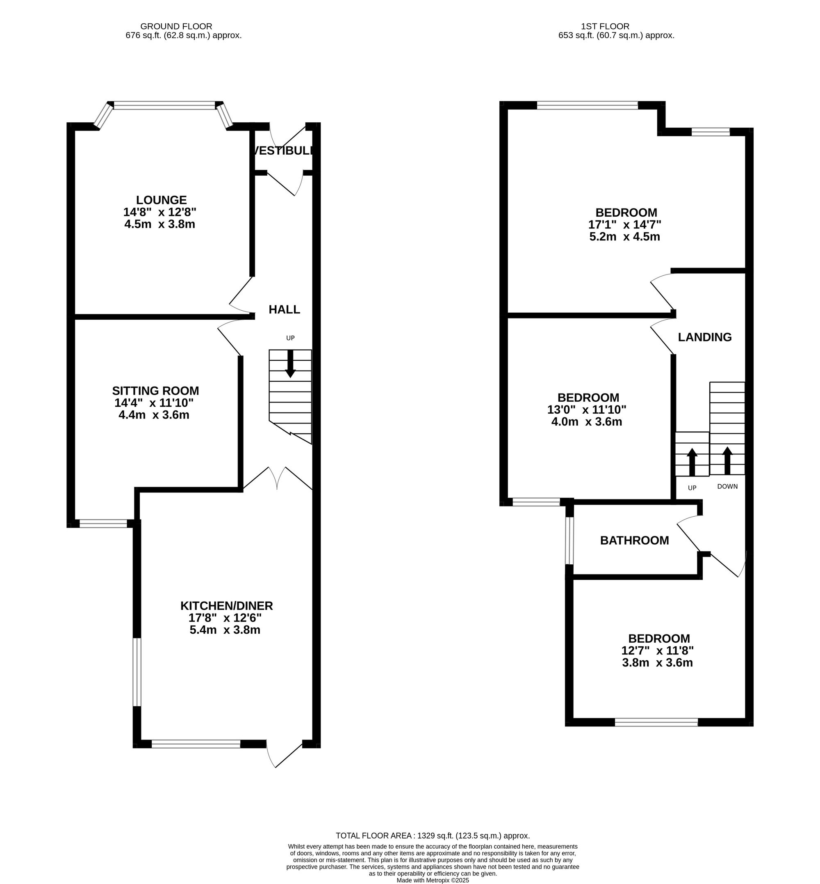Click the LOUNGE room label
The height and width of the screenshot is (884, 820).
pyautogui.click(x=161, y=200)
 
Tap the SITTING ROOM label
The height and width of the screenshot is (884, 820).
pyautogui.click(x=155, y=391)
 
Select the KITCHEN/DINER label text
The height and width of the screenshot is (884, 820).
pyautogui.click(x=226, y=606)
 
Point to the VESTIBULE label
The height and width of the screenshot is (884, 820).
pyautogui.click(x=285, y=151)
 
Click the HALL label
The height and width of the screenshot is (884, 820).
pyautogui.click(x=285, y=309)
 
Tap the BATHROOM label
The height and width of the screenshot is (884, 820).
pyautogui.click(x=635, y=540)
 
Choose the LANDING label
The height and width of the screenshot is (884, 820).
pyautogui.click(x=705, y=337)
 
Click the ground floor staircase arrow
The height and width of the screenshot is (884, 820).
pyautogui.click(x=290, y=364)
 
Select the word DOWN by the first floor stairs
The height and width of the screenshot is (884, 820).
pyautogui.click(x=727, y=486)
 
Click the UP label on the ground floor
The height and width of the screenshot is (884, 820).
pyautogui.click(x=290, y=338)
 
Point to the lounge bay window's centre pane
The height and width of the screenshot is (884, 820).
pyautogui.click(x=164, y=106)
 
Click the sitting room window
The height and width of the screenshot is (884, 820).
pyautogui.click(x=103, y=524)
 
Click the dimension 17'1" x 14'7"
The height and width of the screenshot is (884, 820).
pyautogui.click(x=625, y=225)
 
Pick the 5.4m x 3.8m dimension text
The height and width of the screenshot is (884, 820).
pyautogui.click(x=225, y=630)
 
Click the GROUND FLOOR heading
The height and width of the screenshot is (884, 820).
pyautogui.click(x=176, y=27)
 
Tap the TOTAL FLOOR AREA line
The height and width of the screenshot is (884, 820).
pyautogui.click(x=433, y=836)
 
